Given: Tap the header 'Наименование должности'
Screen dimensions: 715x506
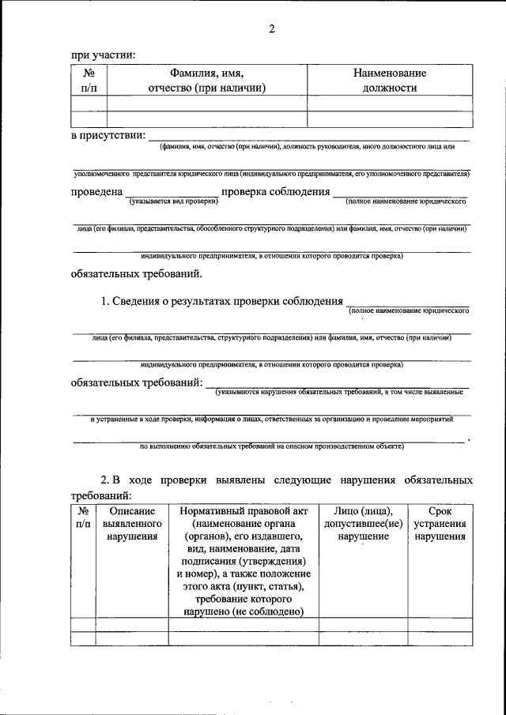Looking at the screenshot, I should point(389,81).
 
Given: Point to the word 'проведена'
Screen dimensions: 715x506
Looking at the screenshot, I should point(96,192).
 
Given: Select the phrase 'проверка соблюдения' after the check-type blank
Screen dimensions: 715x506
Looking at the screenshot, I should point(274,192).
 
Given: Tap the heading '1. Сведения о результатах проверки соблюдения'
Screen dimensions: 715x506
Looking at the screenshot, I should point(222,301).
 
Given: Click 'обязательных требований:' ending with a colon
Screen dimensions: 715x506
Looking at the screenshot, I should point(137,383).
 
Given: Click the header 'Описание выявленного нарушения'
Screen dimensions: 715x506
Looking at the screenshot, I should point(132,524).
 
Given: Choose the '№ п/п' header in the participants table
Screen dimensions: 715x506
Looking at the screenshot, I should point(89,81).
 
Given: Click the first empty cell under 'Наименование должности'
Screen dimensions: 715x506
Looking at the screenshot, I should point(389,103).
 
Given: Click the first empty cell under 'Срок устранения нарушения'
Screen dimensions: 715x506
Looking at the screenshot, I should point(440,625).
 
